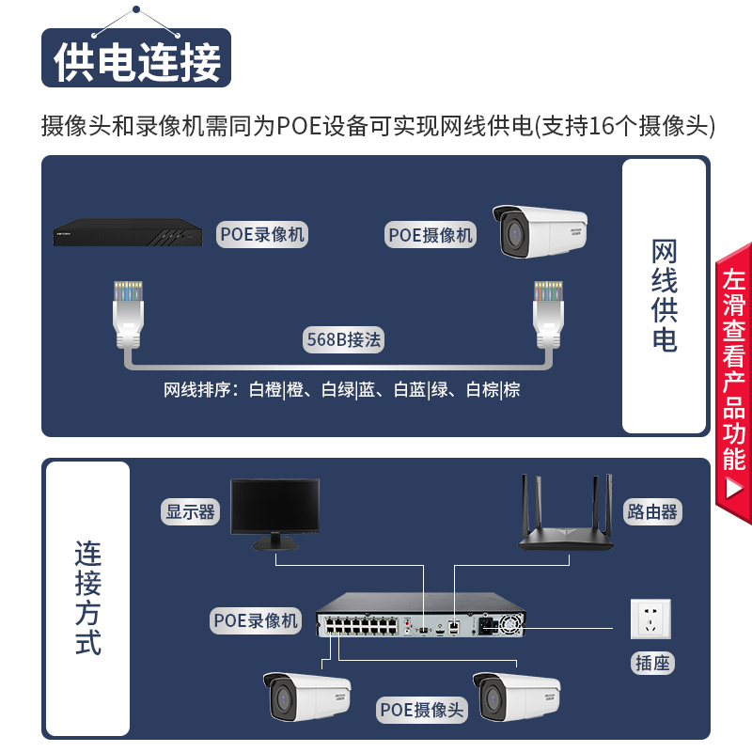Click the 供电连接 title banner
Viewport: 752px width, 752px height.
[136, 58]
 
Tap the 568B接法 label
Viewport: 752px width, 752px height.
[343, 339]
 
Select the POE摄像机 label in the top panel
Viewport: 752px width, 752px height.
[431, 234]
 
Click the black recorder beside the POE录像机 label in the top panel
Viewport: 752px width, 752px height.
[128, 232]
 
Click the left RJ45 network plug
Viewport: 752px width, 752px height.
[128, 314]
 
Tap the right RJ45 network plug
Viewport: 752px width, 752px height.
[548, 314]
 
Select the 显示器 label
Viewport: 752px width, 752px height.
[190, 511]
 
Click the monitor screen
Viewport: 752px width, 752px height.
[274, 506]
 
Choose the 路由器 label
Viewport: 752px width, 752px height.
[652, 511]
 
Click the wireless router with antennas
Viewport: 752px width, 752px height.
[566, 512]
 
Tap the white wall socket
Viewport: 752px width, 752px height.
[650, 619]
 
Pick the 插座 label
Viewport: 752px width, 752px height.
[652, 664]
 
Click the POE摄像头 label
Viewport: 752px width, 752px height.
[421, 710]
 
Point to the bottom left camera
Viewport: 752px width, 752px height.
[307, 697]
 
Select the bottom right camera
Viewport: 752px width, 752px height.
[516, 697]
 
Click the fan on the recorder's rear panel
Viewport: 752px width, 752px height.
[510, 624]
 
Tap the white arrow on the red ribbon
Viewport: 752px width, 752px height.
[734, 489]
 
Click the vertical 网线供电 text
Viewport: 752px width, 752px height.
[665, 295]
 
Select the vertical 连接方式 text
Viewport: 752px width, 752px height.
[88, 598]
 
